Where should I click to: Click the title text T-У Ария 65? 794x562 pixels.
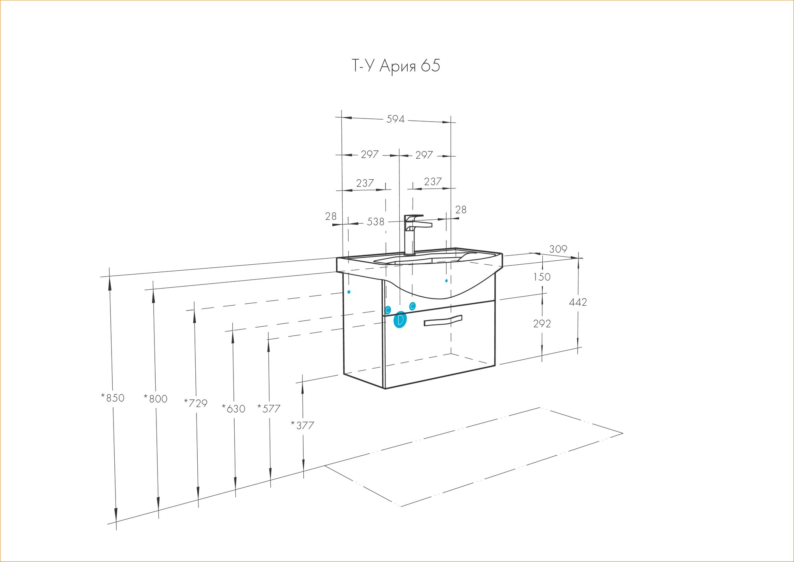pyautogui.click(x=396, y=66)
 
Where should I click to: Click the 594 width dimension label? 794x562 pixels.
pyautogui.click(x=395, y=119)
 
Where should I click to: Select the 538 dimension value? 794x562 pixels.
pyautogui.click(x=376, y=221)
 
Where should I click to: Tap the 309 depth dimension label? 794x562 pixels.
pyautogui.click(x=558, y=249)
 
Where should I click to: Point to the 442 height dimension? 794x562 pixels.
pyautogui.click(x=578, y=302)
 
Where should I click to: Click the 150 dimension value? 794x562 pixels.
pyautogui.click(x=542, y=277)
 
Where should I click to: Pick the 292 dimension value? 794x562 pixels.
pyautogui.click(x=542, y=324)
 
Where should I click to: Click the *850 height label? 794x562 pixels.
pyautogui.click(x=113, y=397)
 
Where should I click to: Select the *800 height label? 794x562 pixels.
pyautogui.click(x=156, y=398)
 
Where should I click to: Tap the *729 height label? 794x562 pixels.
pyautogui.click(x=196, y=403)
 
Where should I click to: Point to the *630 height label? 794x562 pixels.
pyautogui.click(x=233, y=409)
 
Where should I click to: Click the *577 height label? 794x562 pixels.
pyautogui.click(x=269, y=409)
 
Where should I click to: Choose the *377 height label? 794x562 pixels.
pyautogui.click(x=303, y=425)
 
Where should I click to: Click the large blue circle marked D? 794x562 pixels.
pyautogui.click(x=400, y=320)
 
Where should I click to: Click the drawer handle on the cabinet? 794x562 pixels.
pyautogui.click(x=443, y=320)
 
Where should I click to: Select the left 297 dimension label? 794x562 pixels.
pyautogui.click(x=370, y=154)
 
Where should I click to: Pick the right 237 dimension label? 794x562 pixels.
pyautogui.click(x=433, y=182)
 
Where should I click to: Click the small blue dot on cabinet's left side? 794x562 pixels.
pyautogui.click(x=349, y=292)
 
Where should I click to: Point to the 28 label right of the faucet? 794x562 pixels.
pyautogui.click(x=461, y=209)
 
